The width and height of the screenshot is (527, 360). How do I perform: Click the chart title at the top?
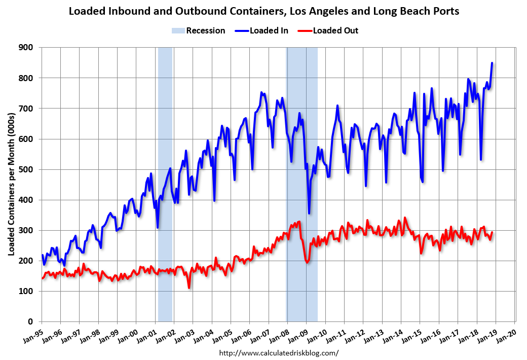click(x=263, y=11)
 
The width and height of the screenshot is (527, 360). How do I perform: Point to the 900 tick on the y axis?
click(x=27, y=48)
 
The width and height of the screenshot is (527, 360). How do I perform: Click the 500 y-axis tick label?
click(x=27, y=169)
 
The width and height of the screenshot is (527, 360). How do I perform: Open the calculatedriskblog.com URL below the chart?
click(x=279, y=352)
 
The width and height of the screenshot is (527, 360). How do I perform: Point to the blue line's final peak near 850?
click(x=492, y=63)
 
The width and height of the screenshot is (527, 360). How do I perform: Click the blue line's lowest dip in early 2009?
click(x=309, y=213)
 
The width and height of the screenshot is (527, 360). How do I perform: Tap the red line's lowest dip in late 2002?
click(x=189, y=287)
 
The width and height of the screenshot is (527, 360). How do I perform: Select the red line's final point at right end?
click(x=492, y=232)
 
